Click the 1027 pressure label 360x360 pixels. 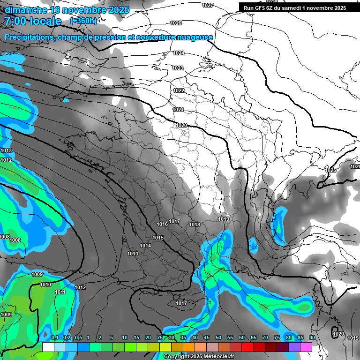click(x=208, y=5)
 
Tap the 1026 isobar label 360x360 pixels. click(x=176, y=23)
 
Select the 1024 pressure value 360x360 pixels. click(x=179, y=53)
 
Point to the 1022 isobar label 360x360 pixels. click(x=179, y=90)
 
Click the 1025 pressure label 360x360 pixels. click(x=331, y=170)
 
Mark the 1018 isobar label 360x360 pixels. click(x=195, y=225)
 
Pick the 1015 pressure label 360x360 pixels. click(x=158, y=238)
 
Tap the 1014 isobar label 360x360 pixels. click(x=145, y=246)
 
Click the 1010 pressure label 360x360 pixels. click(x=45, y=285)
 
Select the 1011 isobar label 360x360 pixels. click(x=60, y=292)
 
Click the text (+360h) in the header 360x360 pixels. click(x=83, y=21)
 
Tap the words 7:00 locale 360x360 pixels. click(x=33, y=21)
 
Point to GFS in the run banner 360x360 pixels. click(x=262, y=8)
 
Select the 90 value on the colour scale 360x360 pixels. click(x=312, y=337)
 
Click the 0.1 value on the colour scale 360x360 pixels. click(x=54, y=337)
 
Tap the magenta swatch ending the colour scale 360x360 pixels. click(x=306, y=347)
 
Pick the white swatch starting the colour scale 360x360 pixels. click(x=48, y=347)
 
